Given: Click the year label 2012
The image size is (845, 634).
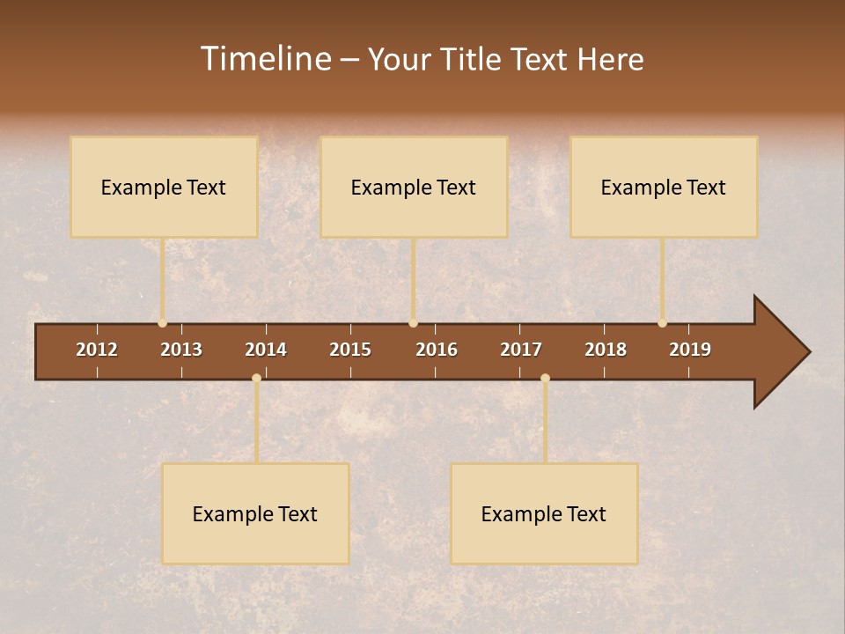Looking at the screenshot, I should click(x=97, y=350).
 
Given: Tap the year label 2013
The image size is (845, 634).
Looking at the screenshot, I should click(x=181, y=350).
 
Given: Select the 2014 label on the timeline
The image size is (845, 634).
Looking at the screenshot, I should click(x=266, y=350).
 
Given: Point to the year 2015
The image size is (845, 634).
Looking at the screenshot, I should click(x=350, y=350).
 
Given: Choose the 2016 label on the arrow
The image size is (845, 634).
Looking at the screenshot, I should click(x=437, y=350).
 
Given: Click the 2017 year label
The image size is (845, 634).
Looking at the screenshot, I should click(x=521, y=350).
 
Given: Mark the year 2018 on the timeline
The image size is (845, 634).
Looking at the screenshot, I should click(x=606, y=350).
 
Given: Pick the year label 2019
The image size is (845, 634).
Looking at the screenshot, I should click(x=690, y=350).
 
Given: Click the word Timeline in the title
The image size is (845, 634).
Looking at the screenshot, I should click(x=265, y=59).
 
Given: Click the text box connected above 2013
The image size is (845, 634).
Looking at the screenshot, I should click(x=164, y=187).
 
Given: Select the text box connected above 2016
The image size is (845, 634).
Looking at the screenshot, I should click(x=414, y=187).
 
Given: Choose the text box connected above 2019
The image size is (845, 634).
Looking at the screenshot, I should click(x=664, y=187).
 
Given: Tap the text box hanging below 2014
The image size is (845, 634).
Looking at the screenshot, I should click(x=255, y=513).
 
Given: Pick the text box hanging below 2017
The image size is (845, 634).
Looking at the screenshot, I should click(x=544, y=513).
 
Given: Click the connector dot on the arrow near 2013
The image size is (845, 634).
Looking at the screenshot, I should click(x=162, y=323).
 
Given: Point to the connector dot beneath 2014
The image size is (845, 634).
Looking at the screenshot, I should click(x=256, y=378).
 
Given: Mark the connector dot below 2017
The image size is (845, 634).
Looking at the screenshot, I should click(x=545, y=378).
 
